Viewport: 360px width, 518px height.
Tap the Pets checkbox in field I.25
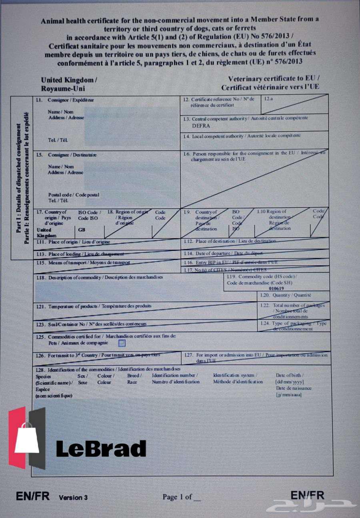coord(122,343)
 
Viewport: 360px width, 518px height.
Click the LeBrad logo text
coord(101,448)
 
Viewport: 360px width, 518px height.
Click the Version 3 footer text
coord(73,498)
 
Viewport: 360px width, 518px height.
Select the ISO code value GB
coord(82,230)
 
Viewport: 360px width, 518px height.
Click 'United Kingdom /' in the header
coord(69,80)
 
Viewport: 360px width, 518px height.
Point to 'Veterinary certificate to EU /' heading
coord(274,79)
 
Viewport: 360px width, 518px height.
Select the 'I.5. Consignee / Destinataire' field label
coord(66,155)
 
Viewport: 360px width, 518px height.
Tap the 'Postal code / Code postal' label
coord(74,195)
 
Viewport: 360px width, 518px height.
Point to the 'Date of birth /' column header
coord(290,375)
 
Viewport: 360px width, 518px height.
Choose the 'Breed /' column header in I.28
coord(133,375)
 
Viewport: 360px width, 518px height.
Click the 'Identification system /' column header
coord(235,375)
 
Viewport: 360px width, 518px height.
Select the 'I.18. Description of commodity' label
coord(100,277)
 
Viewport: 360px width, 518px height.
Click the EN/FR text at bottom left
coord(33,496)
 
